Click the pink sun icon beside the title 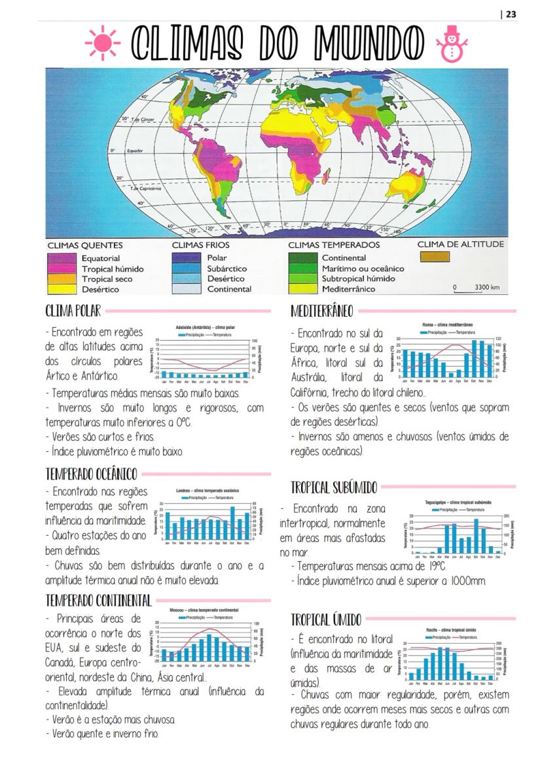(x=102, y=44)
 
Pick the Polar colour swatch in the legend (x=187, y=258)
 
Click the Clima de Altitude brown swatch (x=435, y=258)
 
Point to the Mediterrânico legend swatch (x=303, y=288)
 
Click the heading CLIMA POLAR (x=73, y=310)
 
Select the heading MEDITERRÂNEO (x=321, y=310)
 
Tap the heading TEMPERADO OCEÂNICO (x=91, y=474)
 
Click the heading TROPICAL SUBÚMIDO (x=334, y=487)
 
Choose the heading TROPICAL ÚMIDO (x=325, y=619)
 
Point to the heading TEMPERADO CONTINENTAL (x=98, y=600)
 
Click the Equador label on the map (x=135, y=150)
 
